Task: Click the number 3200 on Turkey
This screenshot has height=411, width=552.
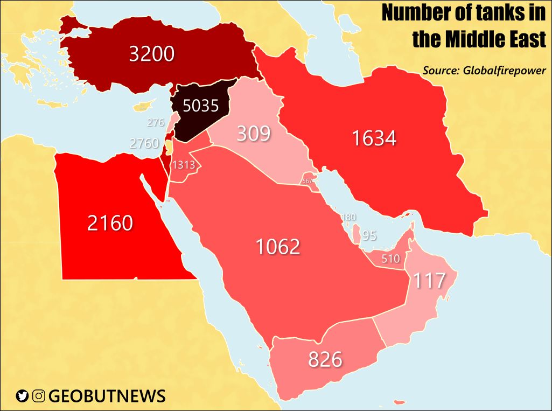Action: pyautogui.click(x=152, y=54)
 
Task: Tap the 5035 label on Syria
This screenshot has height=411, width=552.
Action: pyautogui.click(x=201, y=106)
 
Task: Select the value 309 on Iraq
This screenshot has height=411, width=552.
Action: pyautogui.click(x=254, y=133)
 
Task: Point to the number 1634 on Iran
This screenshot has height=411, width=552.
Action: pyautogui.click(x=374, y=138)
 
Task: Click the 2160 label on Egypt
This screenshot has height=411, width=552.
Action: pyautogui.click(x=110, y=222)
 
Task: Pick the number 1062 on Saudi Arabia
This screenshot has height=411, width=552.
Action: pyautogui.click(x=277, y=247)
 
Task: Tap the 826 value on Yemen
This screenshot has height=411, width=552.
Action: pyautogui.click(x=325, y=359)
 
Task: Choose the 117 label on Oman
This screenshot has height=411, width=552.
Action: pyautogui.click(x=429, y=280)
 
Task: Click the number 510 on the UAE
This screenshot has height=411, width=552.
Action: pyautogui.click(x=390, y=259)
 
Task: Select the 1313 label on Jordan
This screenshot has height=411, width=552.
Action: pyautogui.click(x=183, y=165)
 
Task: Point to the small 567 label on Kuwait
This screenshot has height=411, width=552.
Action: pyautogui.click(x=308, y=181)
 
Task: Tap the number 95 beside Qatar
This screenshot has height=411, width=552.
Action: pyautogui.click(x=369, y=236)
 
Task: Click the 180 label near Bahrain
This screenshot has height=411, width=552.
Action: pyautogui.click(x=348, y=217)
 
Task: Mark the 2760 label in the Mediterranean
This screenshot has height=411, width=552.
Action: pyautogui.click(x=144, y=143)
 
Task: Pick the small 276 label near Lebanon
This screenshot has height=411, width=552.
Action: pyautogui.click(x=156, y=123)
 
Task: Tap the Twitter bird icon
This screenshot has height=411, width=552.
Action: pyautogui.click(x=22, y=396)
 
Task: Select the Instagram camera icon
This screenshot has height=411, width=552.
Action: pyautogui.click(x=38, y=396)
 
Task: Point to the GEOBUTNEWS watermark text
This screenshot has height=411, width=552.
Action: pyautogui.click(x=107, y=396)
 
